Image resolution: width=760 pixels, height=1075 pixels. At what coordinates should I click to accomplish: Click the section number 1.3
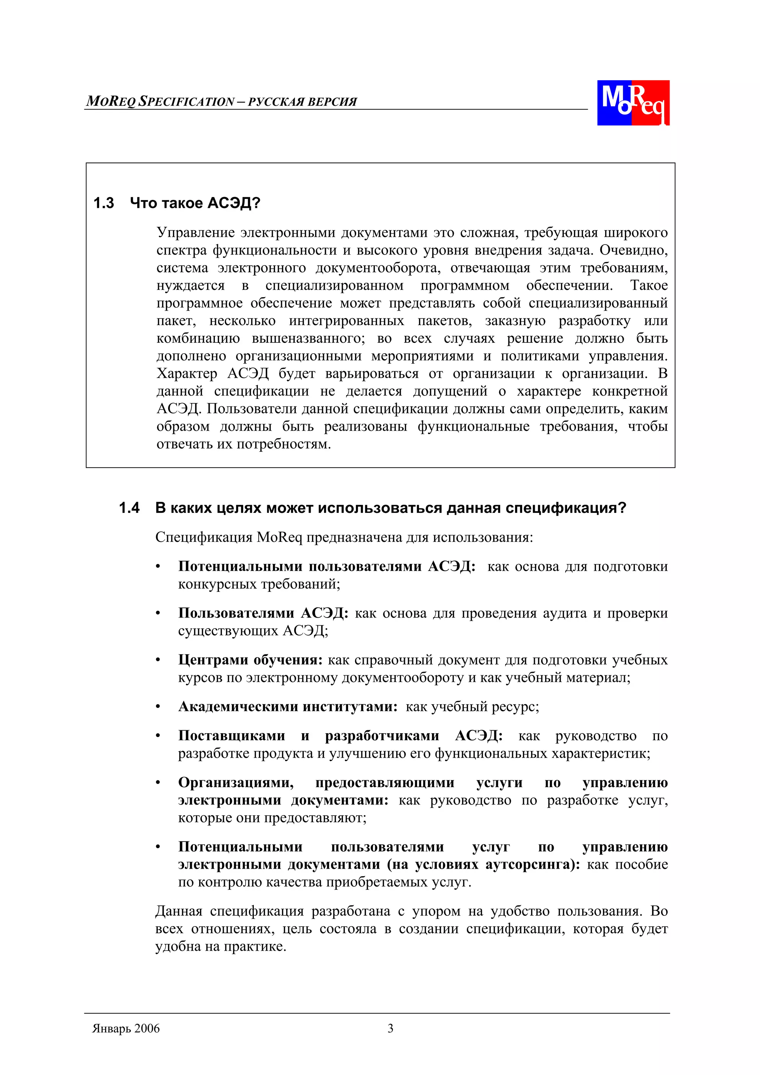click(104, 203)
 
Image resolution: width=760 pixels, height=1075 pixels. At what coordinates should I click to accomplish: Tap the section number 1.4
click(129, 508)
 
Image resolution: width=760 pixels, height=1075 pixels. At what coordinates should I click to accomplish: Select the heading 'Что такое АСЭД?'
click(195, 203)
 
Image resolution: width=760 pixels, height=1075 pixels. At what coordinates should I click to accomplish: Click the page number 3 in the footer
click(390, 1028)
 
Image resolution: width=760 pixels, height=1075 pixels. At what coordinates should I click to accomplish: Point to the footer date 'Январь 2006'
click(126, 1028)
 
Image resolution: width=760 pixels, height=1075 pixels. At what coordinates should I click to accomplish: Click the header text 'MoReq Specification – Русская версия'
click(222, 102)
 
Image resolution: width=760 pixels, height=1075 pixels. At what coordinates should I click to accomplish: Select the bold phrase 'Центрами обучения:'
click(250, 659)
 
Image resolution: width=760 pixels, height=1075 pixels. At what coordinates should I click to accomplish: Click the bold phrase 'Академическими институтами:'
click(288, 706)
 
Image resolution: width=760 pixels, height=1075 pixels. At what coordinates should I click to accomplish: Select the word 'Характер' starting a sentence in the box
click(187, 373)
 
